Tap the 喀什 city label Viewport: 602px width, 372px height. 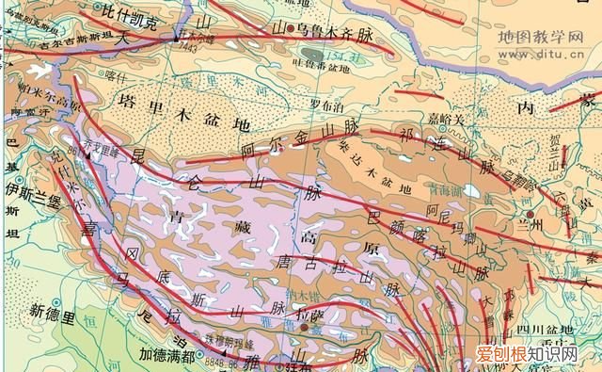pos(117,75)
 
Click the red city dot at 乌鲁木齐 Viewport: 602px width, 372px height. pos(303,29)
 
